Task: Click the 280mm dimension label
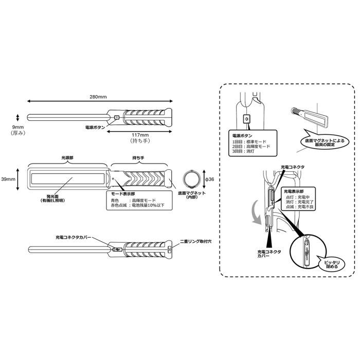(98, 96)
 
